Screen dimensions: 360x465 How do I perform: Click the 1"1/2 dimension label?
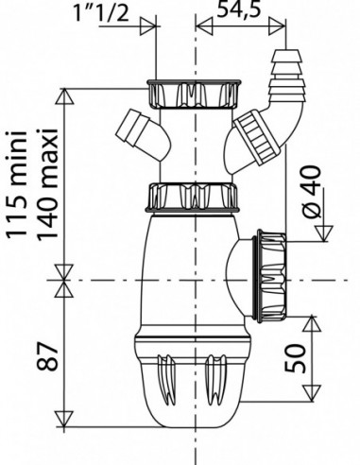pyautogui.click(x=101, y=12)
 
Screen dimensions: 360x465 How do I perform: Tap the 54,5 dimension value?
pyautogui.click(x=239, y=9)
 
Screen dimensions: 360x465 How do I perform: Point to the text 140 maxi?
pyautogui.click(x=48, y=184)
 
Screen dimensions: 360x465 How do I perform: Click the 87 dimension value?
pyautogui.click(x=48, y=356)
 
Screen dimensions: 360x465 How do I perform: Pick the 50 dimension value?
pyautogui.click(x=295, y=358)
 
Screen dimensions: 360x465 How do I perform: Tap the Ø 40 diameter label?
pyautogui.click(x=313, y=192)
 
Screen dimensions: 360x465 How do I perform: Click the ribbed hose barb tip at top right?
pyautogui.click(x=286, y=76)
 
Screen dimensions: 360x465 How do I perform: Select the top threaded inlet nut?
pyautogui.click(x=194, y=95)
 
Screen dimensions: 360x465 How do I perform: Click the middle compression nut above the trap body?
pyautogui.click(x=193, y=197)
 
